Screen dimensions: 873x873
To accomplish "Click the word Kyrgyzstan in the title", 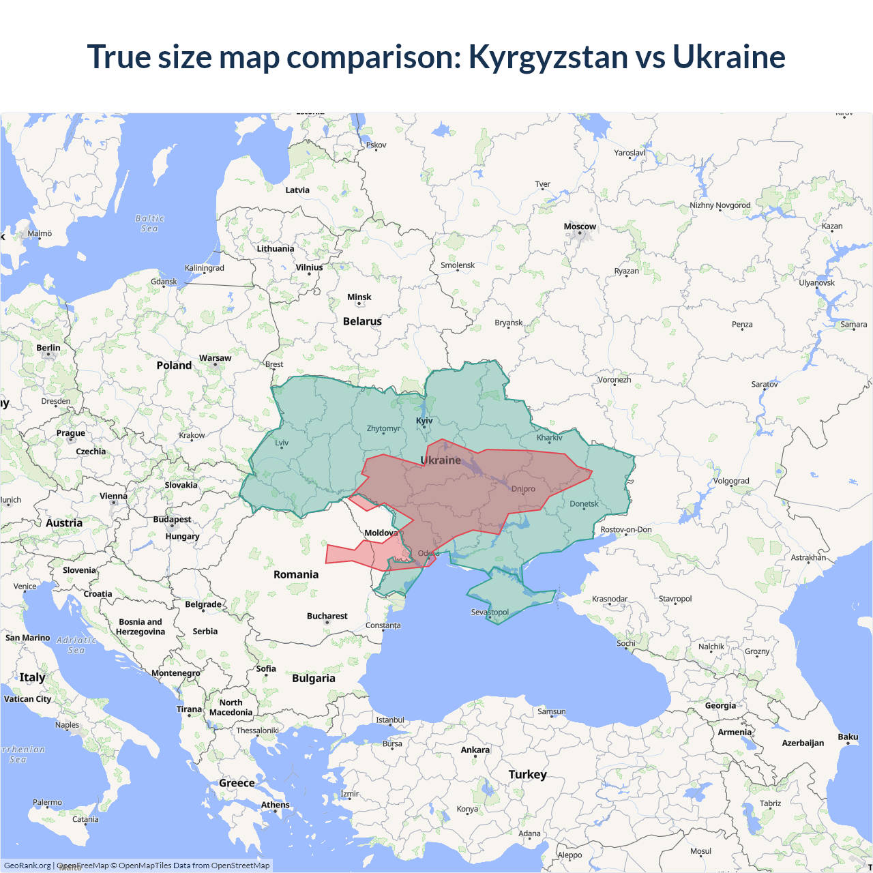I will click(548, 57).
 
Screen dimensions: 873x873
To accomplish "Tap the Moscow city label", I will click(580, 226).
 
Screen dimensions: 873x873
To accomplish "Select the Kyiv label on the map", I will click(424, 421).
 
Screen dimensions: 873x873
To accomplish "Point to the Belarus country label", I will click(362, 321).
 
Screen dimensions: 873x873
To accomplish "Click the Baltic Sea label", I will click(150, 224).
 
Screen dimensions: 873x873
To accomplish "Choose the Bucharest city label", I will click(327, 616).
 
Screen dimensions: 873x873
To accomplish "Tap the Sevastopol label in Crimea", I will click(490, 612).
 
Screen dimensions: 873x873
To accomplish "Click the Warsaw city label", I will click(215, 358).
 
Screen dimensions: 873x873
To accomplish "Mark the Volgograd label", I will click(731, 481).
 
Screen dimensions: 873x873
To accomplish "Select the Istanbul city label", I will click(390, 720).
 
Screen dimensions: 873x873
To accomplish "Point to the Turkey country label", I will click(527, 775).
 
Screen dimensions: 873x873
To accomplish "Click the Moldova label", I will click(381, 533).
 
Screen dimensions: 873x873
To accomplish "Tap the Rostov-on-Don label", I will click(626, 529).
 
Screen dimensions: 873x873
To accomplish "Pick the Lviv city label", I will click(282, 443).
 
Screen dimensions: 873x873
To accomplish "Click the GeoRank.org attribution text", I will click(27, 865).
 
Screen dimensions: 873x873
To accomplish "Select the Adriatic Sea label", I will click(76, 645).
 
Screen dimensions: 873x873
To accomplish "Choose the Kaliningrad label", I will click(204, 268).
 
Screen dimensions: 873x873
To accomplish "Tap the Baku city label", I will click(848, 737).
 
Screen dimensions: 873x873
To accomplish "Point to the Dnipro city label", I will click(523, 489).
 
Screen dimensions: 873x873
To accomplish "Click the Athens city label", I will click(275, 805).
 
